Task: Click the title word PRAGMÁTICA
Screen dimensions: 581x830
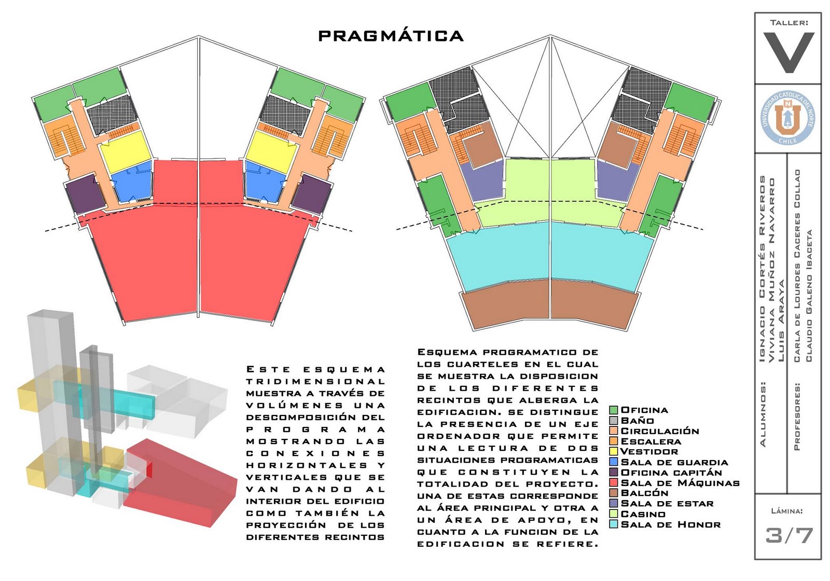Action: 391,36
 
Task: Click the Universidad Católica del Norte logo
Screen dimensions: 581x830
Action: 788,118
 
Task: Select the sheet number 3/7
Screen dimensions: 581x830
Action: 789,535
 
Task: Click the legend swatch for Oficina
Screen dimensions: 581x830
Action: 614,410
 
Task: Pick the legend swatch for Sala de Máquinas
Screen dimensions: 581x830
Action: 614,483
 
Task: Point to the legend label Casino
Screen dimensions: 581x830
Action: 643,514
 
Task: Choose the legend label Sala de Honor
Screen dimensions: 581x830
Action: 670,524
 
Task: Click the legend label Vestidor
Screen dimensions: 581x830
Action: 649,452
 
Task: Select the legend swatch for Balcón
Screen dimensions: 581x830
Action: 614,493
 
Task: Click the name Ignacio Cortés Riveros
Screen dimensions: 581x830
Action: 762,269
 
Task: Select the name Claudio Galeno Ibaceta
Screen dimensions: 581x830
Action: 809,296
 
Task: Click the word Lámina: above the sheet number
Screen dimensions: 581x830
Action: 787,511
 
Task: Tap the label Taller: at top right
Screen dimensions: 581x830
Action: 789,23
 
